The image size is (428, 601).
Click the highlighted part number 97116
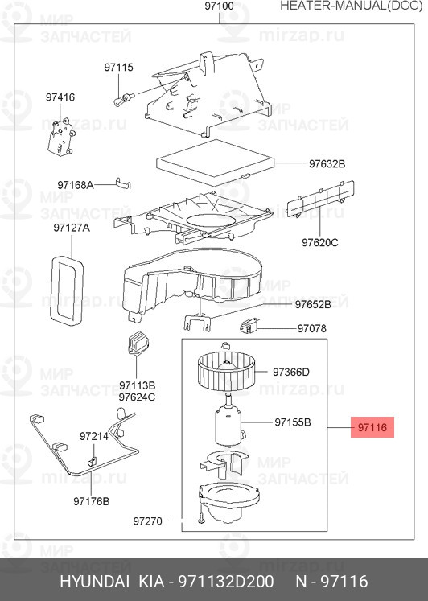tap(372, 427)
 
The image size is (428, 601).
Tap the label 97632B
tap(327, 163)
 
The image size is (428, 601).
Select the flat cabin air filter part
tap(216, 163)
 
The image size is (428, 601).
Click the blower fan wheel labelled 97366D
tap(226, 372)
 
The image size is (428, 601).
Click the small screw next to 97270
tap(201, 518)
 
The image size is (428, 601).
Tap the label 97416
tap(60, 97)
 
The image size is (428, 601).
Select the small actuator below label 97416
tap(60, 136)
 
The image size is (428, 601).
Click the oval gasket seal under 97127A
tap(68, 291)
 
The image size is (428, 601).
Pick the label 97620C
tap(320, 243)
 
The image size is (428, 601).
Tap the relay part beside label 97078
tap(249, 325)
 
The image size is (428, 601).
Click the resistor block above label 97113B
tap(138, 343)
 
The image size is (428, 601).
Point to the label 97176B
tap(91, 501)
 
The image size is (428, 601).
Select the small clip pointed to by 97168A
tap(123, 183)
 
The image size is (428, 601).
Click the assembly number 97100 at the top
tap(219, 6)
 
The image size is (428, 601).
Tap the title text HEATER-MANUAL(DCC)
tap(352, 6)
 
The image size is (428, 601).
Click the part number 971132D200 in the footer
tap(226, 582)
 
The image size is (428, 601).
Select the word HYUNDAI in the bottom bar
tap(94, 582)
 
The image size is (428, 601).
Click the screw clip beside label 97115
tap(123, 99)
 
